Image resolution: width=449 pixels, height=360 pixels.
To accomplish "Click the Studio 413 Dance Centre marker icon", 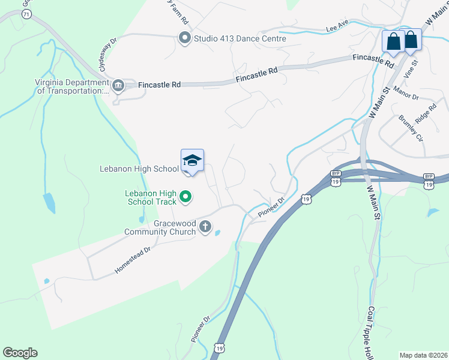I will (184, 38).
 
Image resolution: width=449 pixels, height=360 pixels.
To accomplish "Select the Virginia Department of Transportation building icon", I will (118, 85).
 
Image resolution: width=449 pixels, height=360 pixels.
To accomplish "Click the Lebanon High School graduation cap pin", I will (192, 161).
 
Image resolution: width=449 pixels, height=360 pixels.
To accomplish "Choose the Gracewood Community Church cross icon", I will (205, 227).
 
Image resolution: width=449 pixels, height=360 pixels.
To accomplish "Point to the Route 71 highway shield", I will (26, 13).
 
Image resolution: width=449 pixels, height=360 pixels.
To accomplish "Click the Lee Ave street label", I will (337, 28).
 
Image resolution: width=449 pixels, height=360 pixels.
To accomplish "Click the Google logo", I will (20, 352).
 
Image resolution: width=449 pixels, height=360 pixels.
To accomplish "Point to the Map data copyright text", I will (423, 355).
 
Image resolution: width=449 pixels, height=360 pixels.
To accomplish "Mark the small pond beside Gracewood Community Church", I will (217, 233).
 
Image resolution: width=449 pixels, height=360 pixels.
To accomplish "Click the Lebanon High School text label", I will (139, 169).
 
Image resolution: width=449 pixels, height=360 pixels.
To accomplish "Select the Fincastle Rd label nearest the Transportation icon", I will (159, 85).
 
